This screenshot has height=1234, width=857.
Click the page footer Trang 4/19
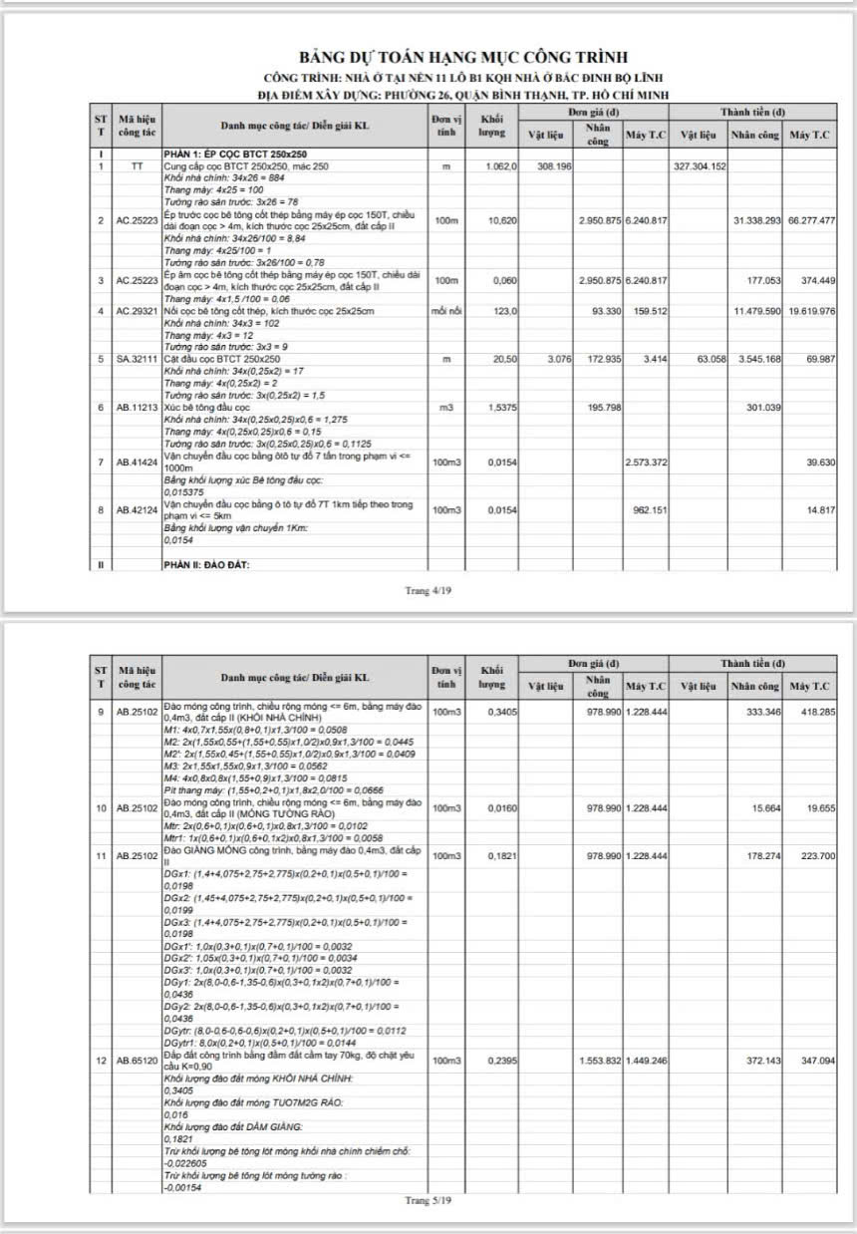coord(428,590)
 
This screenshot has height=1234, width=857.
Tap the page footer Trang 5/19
coord(428,1200)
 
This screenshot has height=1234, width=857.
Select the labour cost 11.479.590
coord(754,312)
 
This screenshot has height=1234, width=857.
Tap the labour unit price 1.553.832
coord(599,1062)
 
